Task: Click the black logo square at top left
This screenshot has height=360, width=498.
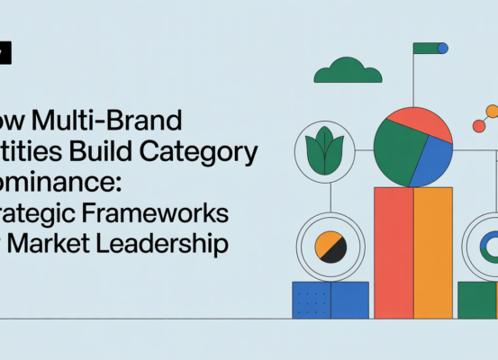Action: [5, 54]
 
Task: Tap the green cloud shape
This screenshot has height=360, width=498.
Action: [343, 70]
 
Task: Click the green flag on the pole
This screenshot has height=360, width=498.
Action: [425, 48]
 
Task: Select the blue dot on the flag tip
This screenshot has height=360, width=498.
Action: [442, 48]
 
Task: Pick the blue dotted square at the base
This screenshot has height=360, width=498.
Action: [312, 300]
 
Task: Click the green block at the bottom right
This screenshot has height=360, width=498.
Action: [475, 300]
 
